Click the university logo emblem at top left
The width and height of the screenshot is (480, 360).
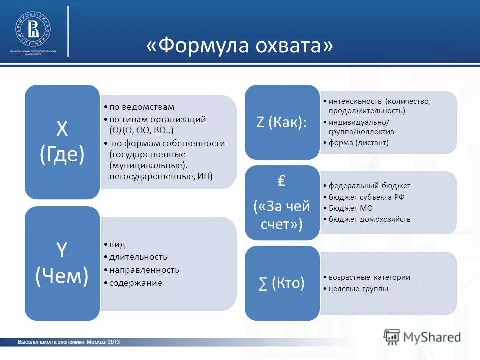pos(33,29)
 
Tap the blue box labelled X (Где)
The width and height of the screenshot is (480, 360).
pos(62,142)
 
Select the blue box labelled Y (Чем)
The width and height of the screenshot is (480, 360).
pos(62,263)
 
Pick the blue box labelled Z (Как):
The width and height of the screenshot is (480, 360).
pos(282,122)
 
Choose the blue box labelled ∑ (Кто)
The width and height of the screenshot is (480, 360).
pos(282,283)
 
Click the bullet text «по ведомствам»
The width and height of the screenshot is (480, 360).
pos(142,107)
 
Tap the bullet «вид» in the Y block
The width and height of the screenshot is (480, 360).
pos(118,244)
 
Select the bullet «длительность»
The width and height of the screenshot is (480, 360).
pos(138,257)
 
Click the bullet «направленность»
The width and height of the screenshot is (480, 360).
pos(144,270)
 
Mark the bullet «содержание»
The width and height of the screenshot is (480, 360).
pos(136,283)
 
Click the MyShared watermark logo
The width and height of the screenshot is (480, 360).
pos(422,336)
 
